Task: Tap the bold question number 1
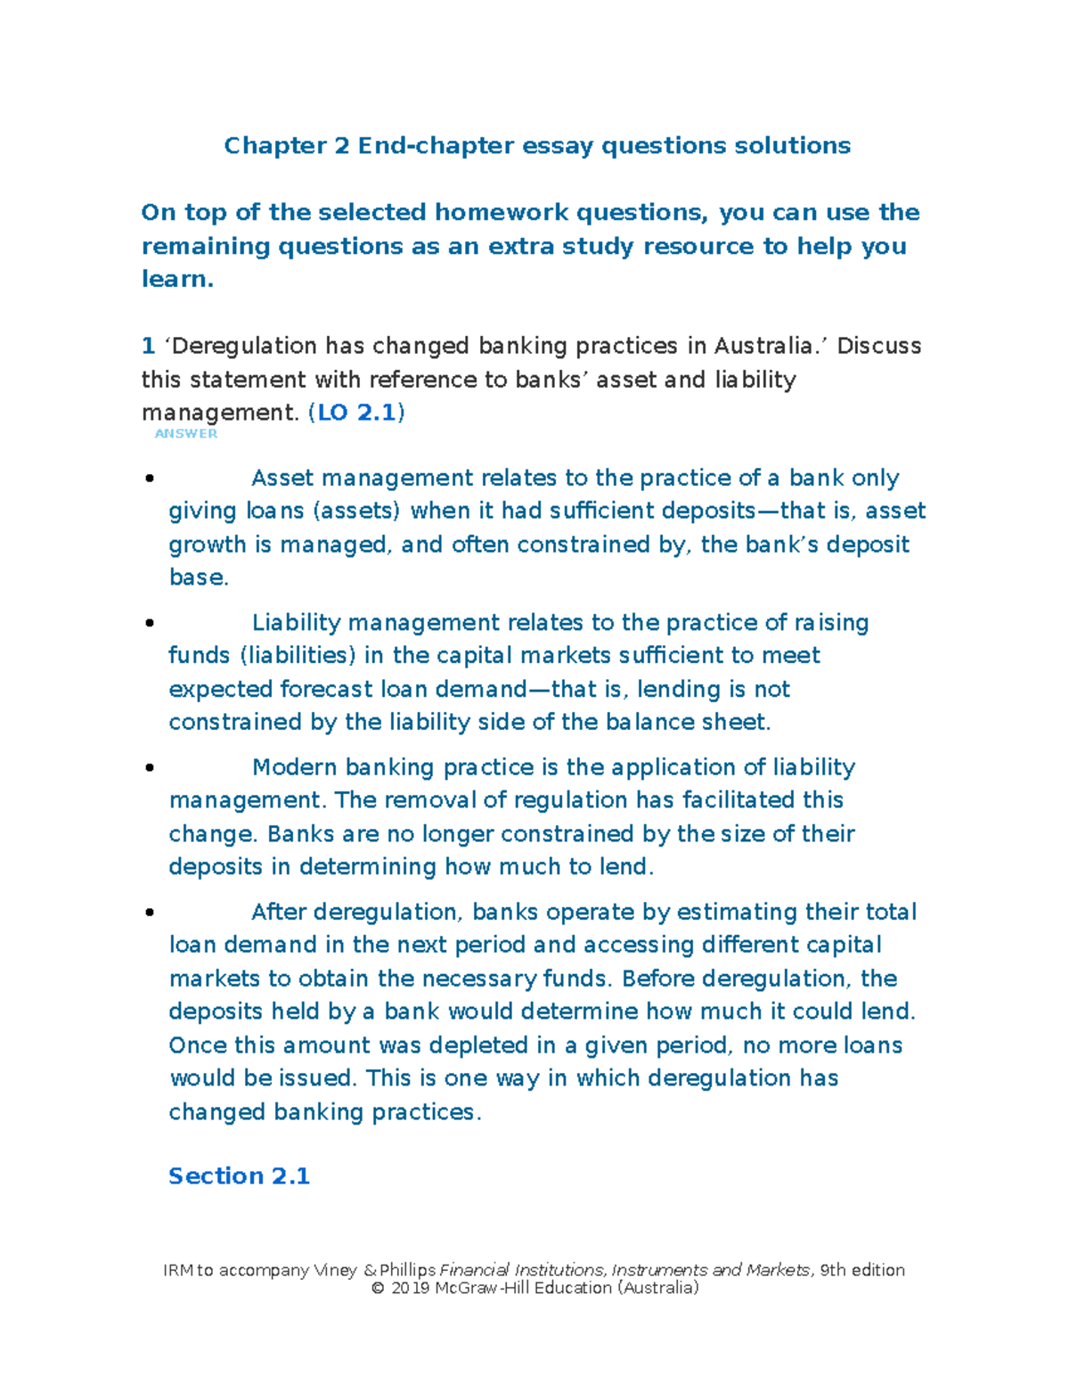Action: pyautogui.click(x=148, y=346)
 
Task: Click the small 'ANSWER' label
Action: pyautogui.click(x=186, y=433)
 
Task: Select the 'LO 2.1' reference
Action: pyautogui.click(x=356, y=413)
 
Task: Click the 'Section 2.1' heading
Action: pyautogui.click(x=239, y=1176)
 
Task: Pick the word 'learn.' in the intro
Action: pyautogui.click(x=177, y=279)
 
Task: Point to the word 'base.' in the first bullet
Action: pyautogui.click(x=199, y=577)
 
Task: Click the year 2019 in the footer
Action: pyautogui.click(x=411, y=1288)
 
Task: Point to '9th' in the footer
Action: pyautogui.click(x=833, y=1270)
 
